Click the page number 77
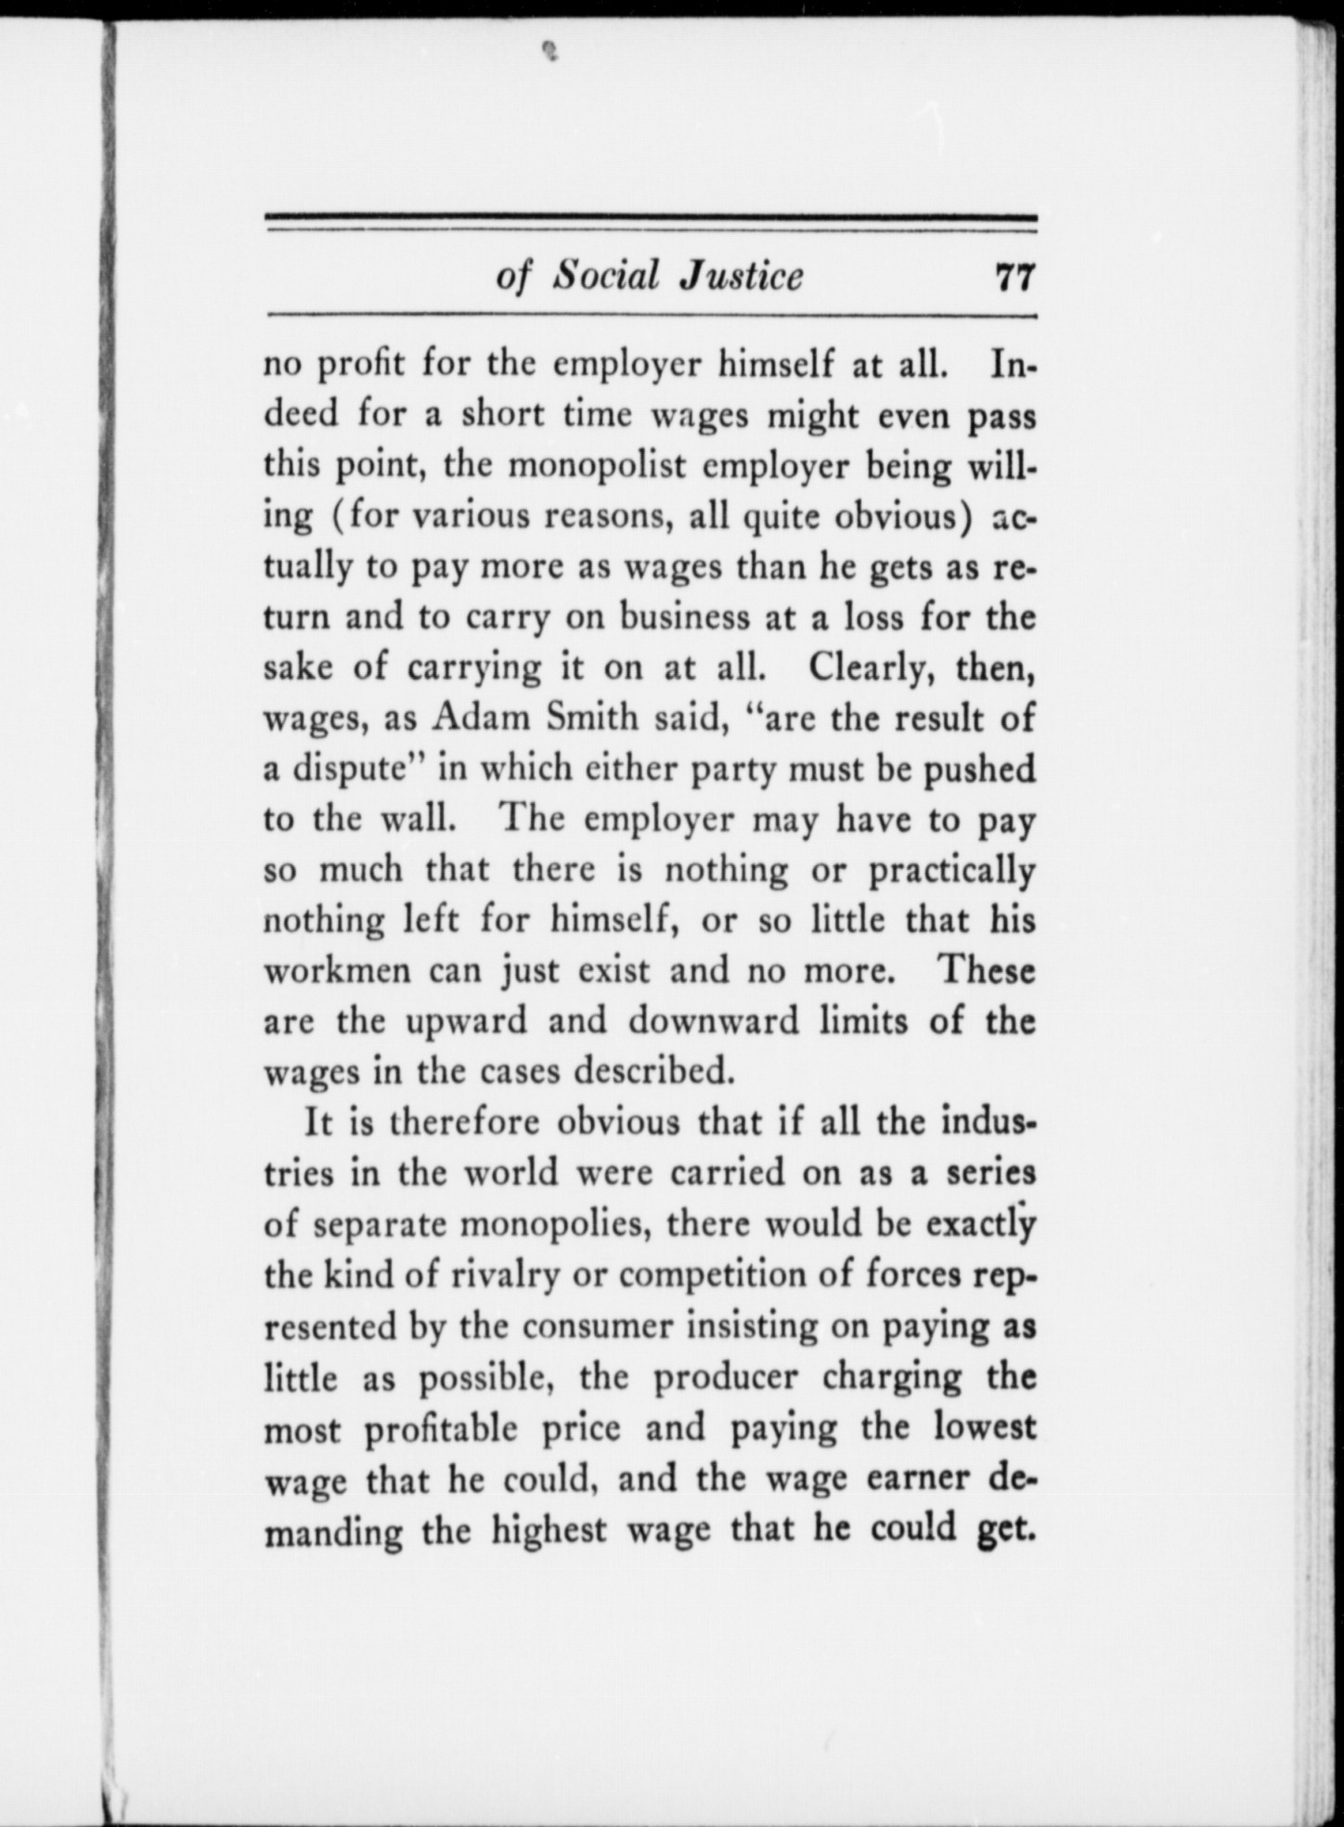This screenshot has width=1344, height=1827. [x=1014, y=278]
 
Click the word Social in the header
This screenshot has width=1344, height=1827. [x=605, y=276]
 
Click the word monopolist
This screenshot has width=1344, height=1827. [x=595, y=465]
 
